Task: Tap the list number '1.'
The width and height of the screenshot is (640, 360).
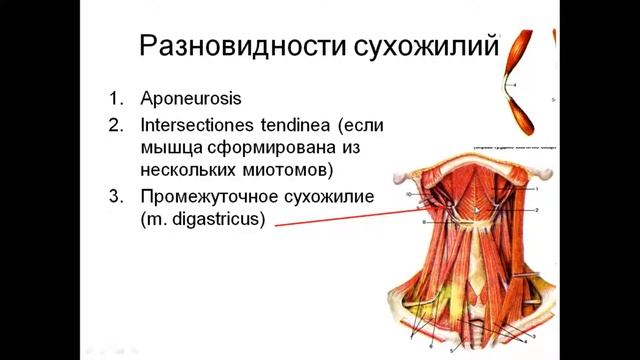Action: point(118,100)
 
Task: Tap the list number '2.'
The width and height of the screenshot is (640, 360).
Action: point(118,127)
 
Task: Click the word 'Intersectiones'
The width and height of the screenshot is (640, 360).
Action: point(202,127)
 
